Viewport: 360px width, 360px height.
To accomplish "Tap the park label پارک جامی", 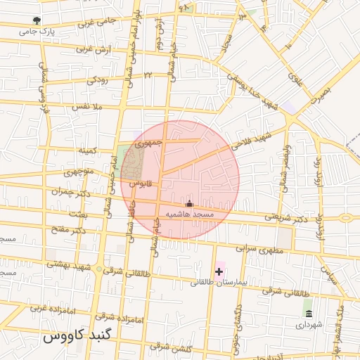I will point(37,32).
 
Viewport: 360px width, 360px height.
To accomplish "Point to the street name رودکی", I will point(98,80).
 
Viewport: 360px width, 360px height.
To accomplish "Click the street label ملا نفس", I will point(88,107).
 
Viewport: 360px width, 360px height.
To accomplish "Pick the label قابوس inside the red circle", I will point(141,184).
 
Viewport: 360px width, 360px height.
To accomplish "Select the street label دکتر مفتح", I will point(70,229).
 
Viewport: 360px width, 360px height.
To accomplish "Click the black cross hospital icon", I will point(219,271).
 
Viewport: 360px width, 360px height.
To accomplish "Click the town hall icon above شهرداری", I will point(308,313).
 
